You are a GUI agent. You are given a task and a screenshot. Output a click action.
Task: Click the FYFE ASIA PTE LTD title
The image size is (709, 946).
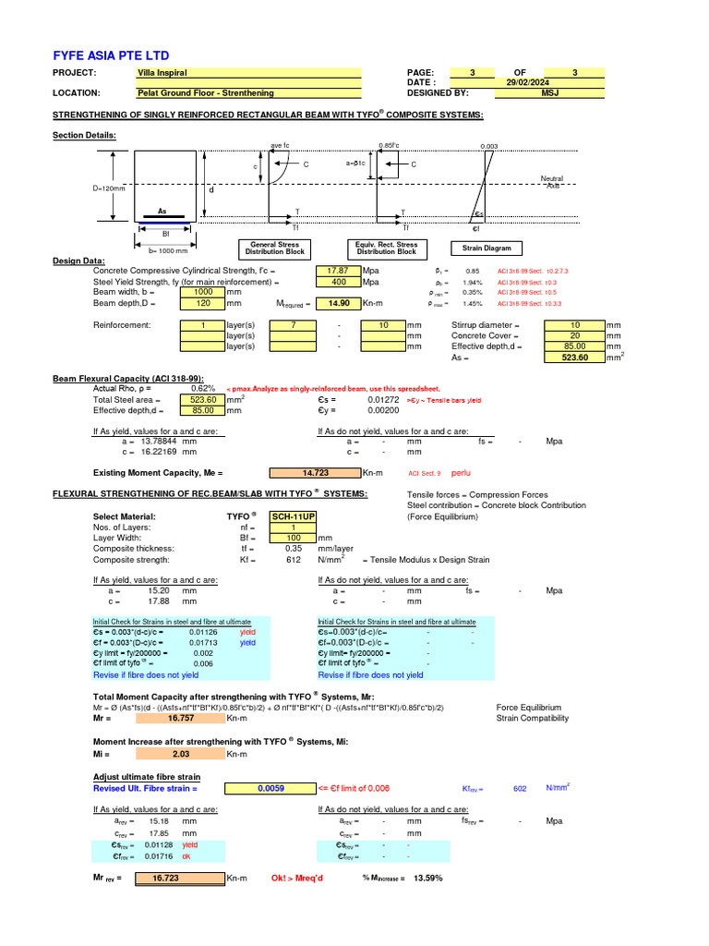(111, 55)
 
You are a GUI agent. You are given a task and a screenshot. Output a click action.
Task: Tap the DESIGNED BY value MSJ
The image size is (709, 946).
(550, 92)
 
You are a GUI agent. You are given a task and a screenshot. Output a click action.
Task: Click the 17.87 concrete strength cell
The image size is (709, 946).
(338, 271)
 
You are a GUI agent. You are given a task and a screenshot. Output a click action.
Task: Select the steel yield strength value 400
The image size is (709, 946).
(338, 282)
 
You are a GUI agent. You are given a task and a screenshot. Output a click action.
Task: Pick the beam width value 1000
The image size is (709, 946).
(202, 292)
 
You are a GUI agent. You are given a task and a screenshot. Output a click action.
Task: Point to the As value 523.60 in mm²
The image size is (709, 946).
(575, 357)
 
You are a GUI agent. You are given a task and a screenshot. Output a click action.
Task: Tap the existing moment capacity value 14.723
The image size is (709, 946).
(316, 472)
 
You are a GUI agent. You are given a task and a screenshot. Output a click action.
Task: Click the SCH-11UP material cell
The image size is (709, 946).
(293, 516)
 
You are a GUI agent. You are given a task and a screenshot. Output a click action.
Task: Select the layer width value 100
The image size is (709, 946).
(293, 538)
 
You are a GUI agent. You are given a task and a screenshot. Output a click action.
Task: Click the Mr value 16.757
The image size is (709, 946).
(180, 718)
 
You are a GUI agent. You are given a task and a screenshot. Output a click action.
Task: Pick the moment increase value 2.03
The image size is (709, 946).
(180, 755)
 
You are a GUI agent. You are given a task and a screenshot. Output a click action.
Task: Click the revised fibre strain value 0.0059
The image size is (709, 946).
(270, 788)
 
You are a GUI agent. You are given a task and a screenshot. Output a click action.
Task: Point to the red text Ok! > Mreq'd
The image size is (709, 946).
(297, 878)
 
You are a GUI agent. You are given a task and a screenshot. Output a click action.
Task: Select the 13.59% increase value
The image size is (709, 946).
(427, 878)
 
